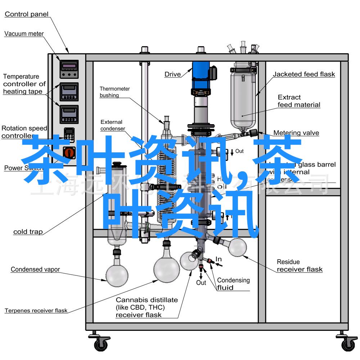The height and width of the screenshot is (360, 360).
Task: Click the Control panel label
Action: coord(27,14)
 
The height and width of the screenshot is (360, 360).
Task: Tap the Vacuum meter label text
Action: coord(24,34)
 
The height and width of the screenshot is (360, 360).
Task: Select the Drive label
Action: coord(173,75)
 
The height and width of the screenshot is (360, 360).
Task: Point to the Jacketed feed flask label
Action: coord(303,75)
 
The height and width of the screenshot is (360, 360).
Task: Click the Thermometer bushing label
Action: coord(114,92)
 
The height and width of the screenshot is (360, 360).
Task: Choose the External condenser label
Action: coord(112,125)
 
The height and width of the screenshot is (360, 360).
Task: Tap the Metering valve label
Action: coord(296,133)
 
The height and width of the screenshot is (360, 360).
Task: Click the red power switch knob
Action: coord(69,153)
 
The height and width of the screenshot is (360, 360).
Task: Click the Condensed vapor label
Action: coord(35,269)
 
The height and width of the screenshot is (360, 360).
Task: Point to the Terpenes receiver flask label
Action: coord(36,310)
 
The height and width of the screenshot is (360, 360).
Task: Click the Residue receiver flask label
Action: coord(300,266)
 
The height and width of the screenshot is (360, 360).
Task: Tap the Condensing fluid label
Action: coord(233,284)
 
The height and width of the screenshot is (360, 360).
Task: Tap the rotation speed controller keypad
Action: coord(69,134)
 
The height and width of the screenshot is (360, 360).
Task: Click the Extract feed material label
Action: coord(299,101)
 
